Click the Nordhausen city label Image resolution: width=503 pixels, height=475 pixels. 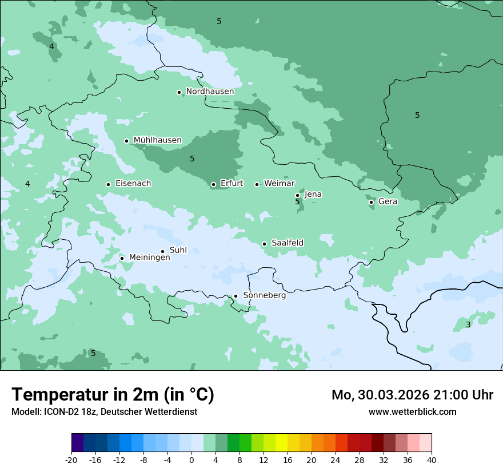point(210,92)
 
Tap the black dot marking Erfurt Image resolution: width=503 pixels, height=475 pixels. point(213,184)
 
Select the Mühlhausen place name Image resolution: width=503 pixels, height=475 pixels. point(157,140)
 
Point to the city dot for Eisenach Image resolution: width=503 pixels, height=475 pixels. point(108,184)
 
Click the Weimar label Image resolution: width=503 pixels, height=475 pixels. point(279,184)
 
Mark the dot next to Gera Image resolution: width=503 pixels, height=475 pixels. point(371,202)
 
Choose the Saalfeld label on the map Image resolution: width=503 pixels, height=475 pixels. point(287,243)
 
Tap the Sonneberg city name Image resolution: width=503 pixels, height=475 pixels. point(264,295)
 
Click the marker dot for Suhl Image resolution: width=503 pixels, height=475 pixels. point(162,251)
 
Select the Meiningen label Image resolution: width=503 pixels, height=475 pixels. point(149,258)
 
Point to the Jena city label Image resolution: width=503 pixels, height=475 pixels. point(313,195)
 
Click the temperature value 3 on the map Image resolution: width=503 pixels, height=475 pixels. point(468,324)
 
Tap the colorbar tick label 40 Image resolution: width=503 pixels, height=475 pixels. point(431,460)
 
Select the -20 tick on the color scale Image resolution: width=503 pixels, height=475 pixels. point(71,460)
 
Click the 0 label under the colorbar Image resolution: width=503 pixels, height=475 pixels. point(191,460)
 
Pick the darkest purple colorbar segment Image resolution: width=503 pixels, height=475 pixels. point(77,443)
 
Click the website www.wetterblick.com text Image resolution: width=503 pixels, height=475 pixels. point(412,412)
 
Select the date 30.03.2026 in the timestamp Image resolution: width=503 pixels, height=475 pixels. point(394,395)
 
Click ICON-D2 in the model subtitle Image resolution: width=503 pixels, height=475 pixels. point(60,412)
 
